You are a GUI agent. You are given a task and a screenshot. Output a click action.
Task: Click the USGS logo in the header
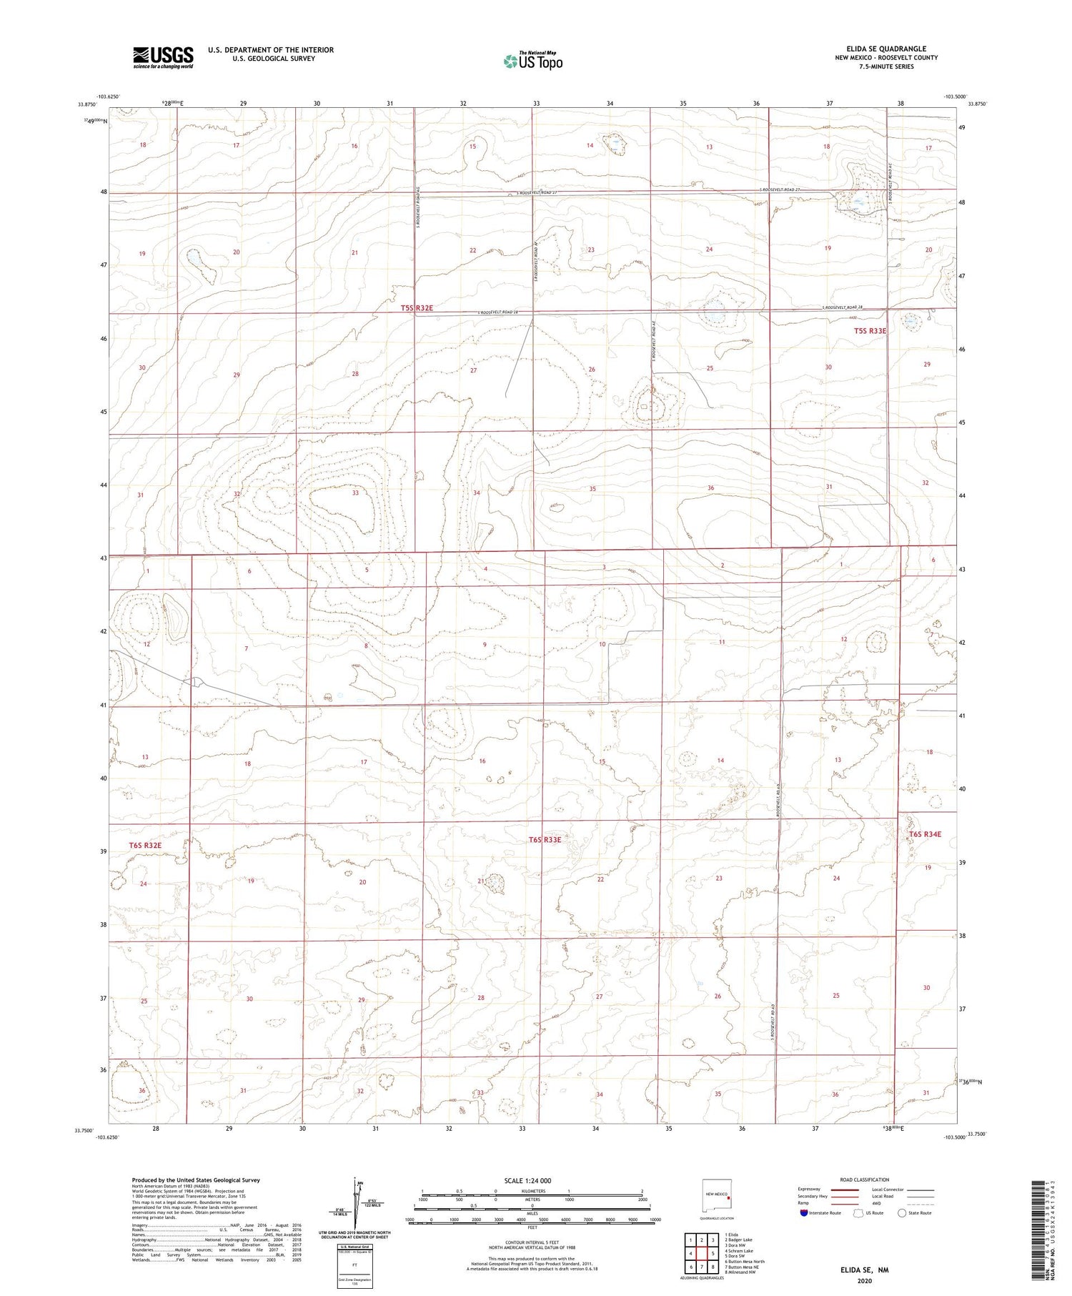[163, 57]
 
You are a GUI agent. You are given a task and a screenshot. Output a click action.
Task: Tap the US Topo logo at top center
[532, 61]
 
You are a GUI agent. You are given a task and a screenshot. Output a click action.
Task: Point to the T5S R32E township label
[417, 308]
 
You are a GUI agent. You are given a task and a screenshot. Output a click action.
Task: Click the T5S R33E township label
[870, 331]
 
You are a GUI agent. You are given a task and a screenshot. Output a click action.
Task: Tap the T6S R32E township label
[145, 846]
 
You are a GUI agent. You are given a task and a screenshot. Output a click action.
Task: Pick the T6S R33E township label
[545, 839]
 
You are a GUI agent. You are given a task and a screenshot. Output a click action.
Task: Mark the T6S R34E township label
[925, 834]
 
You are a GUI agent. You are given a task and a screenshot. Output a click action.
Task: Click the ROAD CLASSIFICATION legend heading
[865, 1179]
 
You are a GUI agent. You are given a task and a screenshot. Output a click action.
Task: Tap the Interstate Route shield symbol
[805, 1213]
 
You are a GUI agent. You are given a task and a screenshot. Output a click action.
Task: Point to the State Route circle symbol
[902, 1212]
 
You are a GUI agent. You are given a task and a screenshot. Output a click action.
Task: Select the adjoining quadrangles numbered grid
[702, 1254]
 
